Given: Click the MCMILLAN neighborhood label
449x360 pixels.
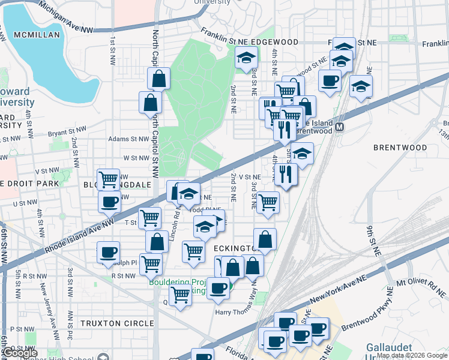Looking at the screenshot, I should click(x=38, y=35).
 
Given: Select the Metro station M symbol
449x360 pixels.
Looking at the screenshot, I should click(x=340, y=127).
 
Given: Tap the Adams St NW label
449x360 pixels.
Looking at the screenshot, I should click(x=128, y=139).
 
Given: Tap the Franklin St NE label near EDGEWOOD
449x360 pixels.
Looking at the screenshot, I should click(x=224, y=37).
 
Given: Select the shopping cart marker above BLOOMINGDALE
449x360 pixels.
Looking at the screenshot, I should click(x=109, y=178).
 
